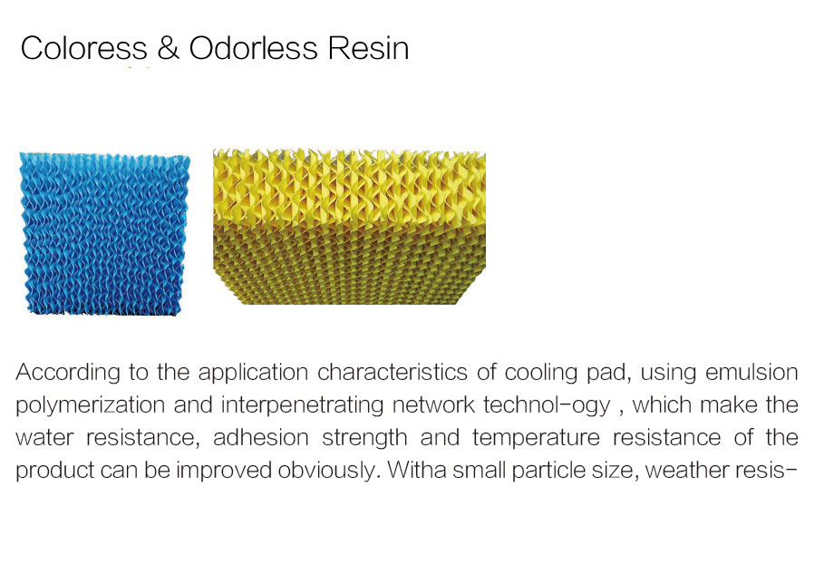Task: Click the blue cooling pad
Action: [x=105, y=234]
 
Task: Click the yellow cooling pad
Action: [x=349, y=227]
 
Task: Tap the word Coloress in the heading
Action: [x=84, y=48]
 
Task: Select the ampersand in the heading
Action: [x=168, y=48]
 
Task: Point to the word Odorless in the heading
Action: [x=254, y=48]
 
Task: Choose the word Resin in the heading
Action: [x=368, y=48]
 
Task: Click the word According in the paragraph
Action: [x=68, y=373]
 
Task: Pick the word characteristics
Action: [x=392, y=373]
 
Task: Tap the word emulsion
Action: [x=752, y=373]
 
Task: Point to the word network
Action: [x=433, y=404]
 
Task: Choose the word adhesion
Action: [x=261, y=438]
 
